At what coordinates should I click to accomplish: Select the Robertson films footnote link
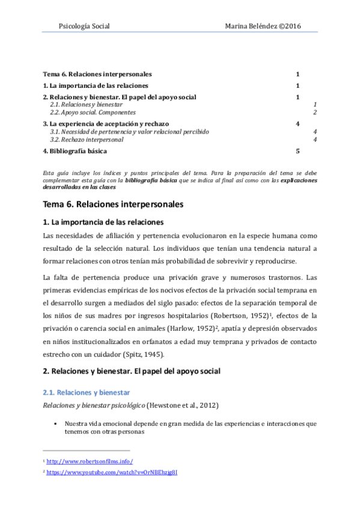point(90,461)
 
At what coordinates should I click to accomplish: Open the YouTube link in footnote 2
point(112,473)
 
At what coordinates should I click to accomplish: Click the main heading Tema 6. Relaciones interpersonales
point(113,204)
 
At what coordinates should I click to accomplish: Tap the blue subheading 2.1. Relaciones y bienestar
point(82,392)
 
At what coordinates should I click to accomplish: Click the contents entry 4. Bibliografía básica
point(75,151)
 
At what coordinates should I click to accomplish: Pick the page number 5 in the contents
point(297,151)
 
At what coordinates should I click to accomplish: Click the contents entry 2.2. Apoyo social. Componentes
point(93,112)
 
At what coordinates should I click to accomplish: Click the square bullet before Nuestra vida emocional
point(55,423)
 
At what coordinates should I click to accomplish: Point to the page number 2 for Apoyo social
point(315,112)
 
